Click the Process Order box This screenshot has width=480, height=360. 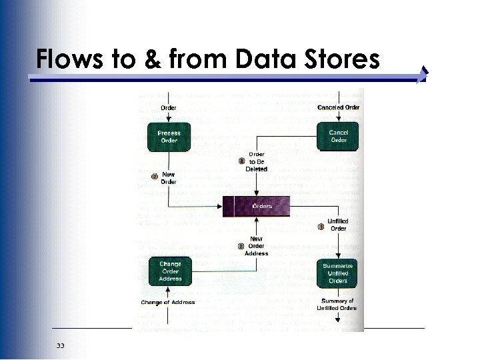(x=169, y=137)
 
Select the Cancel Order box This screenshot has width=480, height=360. (x=338, y=137)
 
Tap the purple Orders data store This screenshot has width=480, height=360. (x=257, y=207)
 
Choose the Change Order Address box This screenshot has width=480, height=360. (x=170, y=271)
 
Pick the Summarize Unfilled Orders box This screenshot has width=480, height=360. (x=338, y=273)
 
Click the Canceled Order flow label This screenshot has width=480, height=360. (x=338, y=107)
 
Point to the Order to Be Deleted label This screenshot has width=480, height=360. (x=257, y=161)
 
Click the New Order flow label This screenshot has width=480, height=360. (x=169, y=178)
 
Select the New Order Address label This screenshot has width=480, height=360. (x=257, y=246)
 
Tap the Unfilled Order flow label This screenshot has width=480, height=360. (x=339, y=225)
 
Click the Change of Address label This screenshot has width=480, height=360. (x=167, y=303)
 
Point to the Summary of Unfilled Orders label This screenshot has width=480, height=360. (x=338, y=305)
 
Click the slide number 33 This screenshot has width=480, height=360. (x=61, y=345)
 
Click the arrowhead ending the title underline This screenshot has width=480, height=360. (x=423, y=77)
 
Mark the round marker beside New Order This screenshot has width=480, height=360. (x=155, y=177)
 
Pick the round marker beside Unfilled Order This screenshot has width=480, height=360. (x=321, y=227)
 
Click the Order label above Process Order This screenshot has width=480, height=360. (x=169, y=107)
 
